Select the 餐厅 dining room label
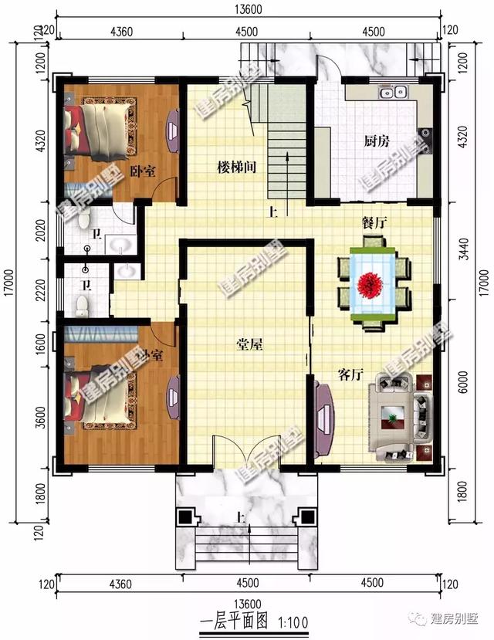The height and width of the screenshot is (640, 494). [x=374, y=222]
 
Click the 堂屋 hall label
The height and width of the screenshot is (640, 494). [x=249, y=345]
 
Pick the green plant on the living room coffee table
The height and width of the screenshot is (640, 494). [x=394, y=418]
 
